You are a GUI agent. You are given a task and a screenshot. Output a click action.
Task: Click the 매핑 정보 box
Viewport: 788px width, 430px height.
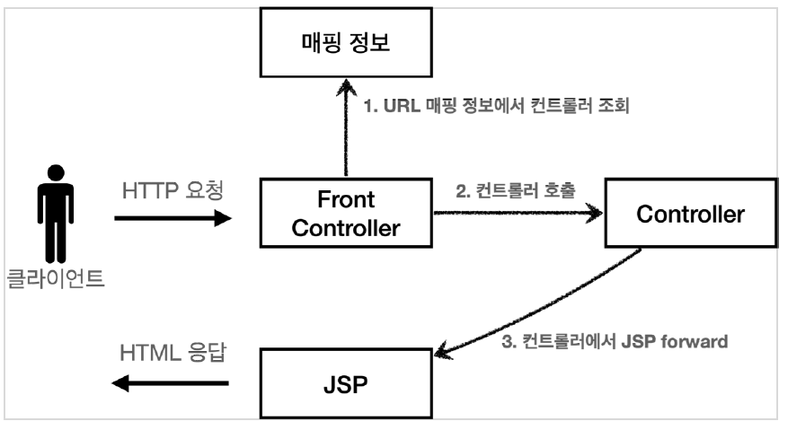(345, 43)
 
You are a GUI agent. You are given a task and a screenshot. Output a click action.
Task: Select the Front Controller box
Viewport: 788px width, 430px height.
(346, 214)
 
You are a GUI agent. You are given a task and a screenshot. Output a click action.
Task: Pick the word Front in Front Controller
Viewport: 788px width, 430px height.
(346, 199)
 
